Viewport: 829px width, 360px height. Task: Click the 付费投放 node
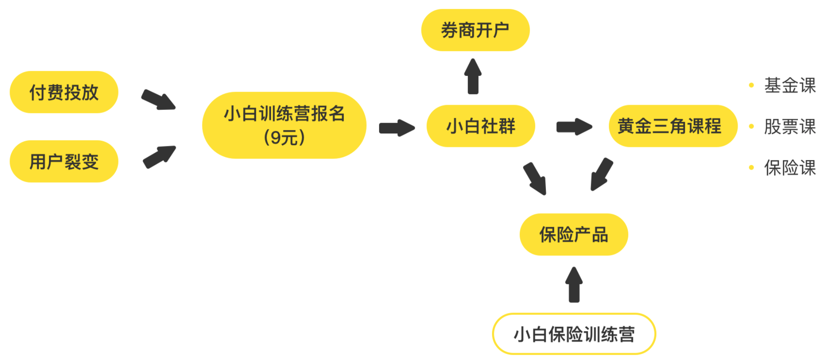click(x=64, y=92)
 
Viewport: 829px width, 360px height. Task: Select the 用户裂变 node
click(x=64, y=161)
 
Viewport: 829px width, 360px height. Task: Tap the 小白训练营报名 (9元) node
click(x=284, y=125)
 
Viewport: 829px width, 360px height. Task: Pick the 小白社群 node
click(x=480, y=126)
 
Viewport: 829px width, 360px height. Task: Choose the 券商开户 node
click(x=475, y=30)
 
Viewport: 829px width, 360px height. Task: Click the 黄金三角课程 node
click(x=673, y=126)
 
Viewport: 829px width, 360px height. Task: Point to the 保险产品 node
click(x=573, y=235)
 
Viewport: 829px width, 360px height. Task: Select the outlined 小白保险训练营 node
click(x=573, y=334)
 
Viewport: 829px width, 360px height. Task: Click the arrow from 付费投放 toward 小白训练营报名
click(x=159, y=99)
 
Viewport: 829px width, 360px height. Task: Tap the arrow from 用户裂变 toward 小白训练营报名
click(x=159, y=157)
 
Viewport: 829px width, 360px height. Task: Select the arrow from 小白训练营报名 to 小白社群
click(x=396, y=128)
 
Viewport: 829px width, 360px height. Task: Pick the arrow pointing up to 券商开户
click(x=473, y=76)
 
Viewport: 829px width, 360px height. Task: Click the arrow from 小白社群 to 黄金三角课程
click(x=574, y=127)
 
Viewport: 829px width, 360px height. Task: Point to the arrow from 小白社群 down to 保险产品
click(x=535, y=178)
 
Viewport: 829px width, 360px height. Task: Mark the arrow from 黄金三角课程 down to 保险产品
click(x=601, y=174)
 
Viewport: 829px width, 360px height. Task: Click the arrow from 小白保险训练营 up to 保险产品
click(x=574, y=285)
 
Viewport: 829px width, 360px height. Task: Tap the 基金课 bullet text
click(x=790, y=85)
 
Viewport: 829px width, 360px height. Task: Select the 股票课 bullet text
click(x=790, y=127)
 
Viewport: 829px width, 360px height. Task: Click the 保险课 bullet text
click(x=790, y=168)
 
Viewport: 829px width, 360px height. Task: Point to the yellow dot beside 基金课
click(x=751, y=85)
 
